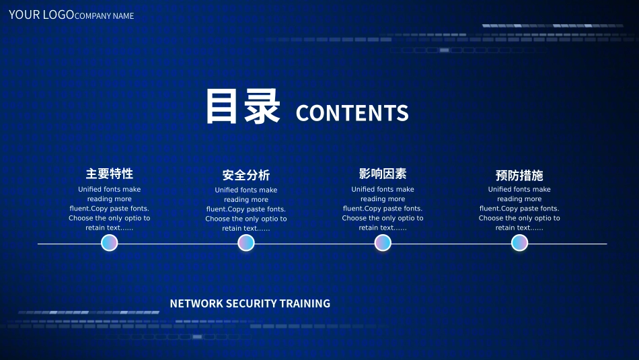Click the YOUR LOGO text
(41, 14)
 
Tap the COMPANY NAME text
(104, 15)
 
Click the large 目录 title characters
(242, 108)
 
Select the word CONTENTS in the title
(352, 113)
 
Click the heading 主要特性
(110, 174)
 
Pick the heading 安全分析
(246, 175)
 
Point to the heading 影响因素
(383, 174)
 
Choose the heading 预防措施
(519, 175)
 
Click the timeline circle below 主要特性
(110, 243)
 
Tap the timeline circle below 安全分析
(246, 243)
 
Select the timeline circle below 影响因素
(383, 243)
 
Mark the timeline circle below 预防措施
(519, 243)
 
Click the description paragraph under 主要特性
(110, 209)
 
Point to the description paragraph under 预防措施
(519, 209)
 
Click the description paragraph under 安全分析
(246, 209)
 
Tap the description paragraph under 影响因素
(383, 209)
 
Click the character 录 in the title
(262, 108)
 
